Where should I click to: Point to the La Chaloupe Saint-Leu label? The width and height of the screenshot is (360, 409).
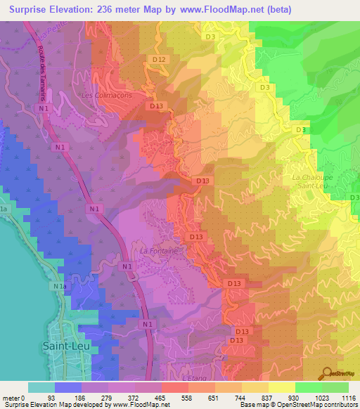[311, 182]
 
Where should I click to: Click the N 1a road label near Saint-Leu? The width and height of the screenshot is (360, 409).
[59, 287]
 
